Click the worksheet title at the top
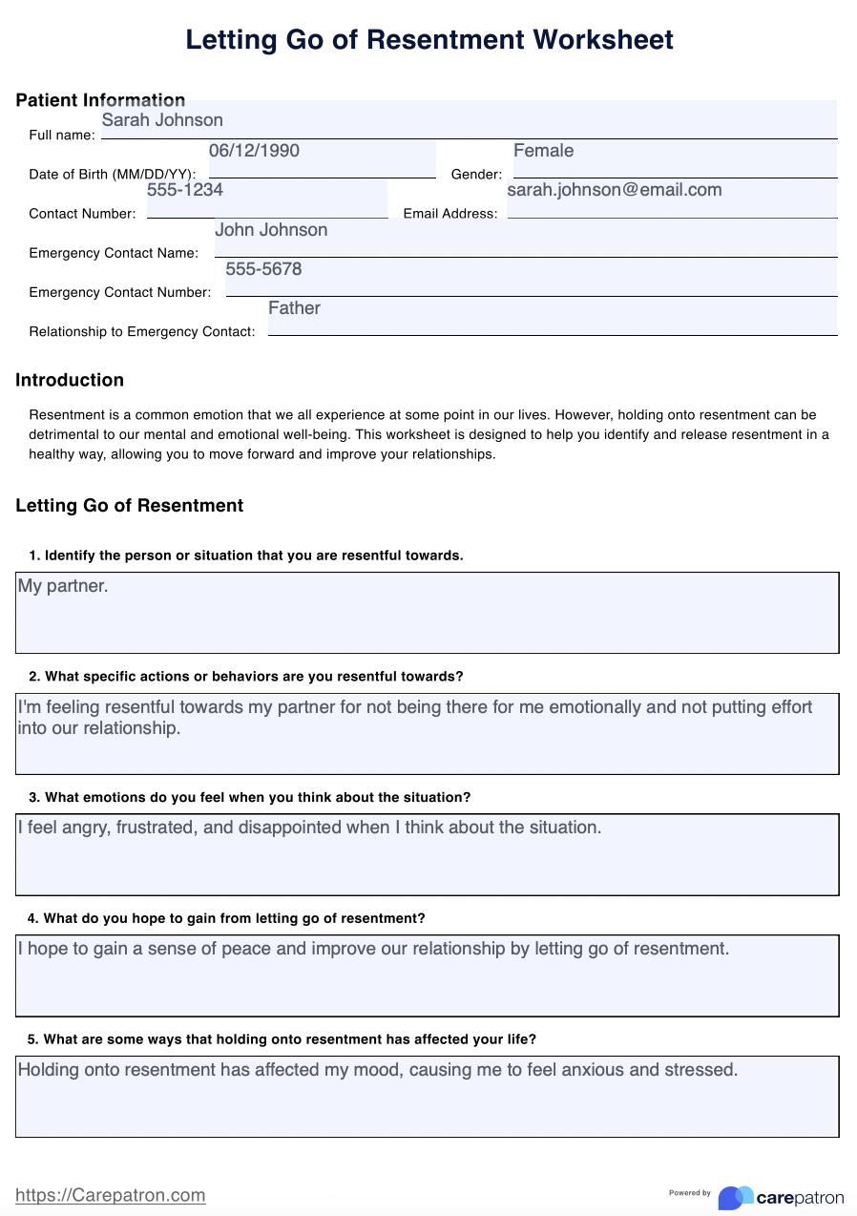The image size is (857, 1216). [428, 39]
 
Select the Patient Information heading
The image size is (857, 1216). [100, 100]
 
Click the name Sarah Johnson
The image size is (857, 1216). [162, 120]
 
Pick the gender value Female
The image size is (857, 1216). [543, 151]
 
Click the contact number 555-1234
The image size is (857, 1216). [185, 190]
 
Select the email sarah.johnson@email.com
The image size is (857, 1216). [614, 190]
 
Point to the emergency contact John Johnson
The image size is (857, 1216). [271, 230]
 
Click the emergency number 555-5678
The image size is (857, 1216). [263, 269]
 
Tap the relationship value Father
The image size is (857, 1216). [294, 308]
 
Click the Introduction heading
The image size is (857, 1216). [70, 380]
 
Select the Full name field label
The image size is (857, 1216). [62, 136]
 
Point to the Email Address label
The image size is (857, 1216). [450, 214]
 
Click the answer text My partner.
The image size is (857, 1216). [63, 586]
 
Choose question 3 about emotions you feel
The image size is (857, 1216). [249, 797]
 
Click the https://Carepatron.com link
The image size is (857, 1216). [111, 1195]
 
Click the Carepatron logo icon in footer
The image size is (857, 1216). [735, 1197]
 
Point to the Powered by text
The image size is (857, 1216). [690, 1193]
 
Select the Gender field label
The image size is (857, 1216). [476, 175]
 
